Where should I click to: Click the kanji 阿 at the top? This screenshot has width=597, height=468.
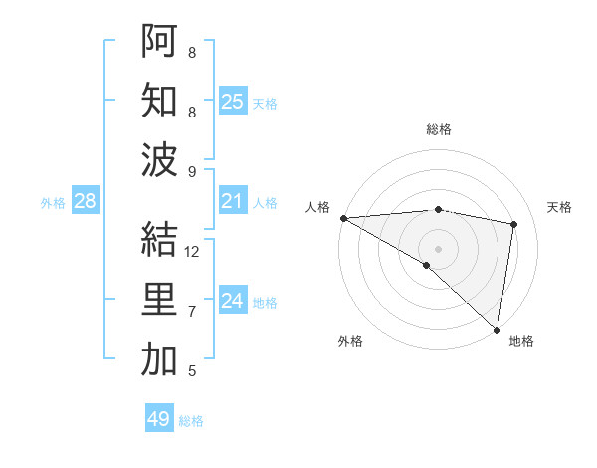[159, 41]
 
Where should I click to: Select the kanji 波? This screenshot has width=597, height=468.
[159, 160]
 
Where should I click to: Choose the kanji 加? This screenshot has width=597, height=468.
[159, 360]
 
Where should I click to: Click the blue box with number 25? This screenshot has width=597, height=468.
[232, 102]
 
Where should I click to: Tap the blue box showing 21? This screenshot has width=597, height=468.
[232, 202]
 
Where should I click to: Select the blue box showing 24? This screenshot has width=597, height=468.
[232, 301]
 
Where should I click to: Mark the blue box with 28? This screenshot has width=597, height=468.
[85, 202]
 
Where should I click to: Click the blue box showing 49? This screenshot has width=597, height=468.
[158, 419]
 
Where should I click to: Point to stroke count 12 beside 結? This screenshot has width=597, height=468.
[193, 252]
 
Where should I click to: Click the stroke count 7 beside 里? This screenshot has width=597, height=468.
[192, 312]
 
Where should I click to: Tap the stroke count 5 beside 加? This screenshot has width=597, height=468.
[192, 371]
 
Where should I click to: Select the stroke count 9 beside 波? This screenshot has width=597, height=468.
[192, 171]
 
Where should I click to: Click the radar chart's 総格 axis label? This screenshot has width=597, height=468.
[439, 129]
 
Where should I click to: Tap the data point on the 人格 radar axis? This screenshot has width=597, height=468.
[343, 218]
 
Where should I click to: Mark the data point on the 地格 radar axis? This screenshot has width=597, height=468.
[497, 328]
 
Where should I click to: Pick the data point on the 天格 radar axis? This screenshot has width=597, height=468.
[514, 224]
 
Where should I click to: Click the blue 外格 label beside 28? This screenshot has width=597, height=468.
[53, 203]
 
